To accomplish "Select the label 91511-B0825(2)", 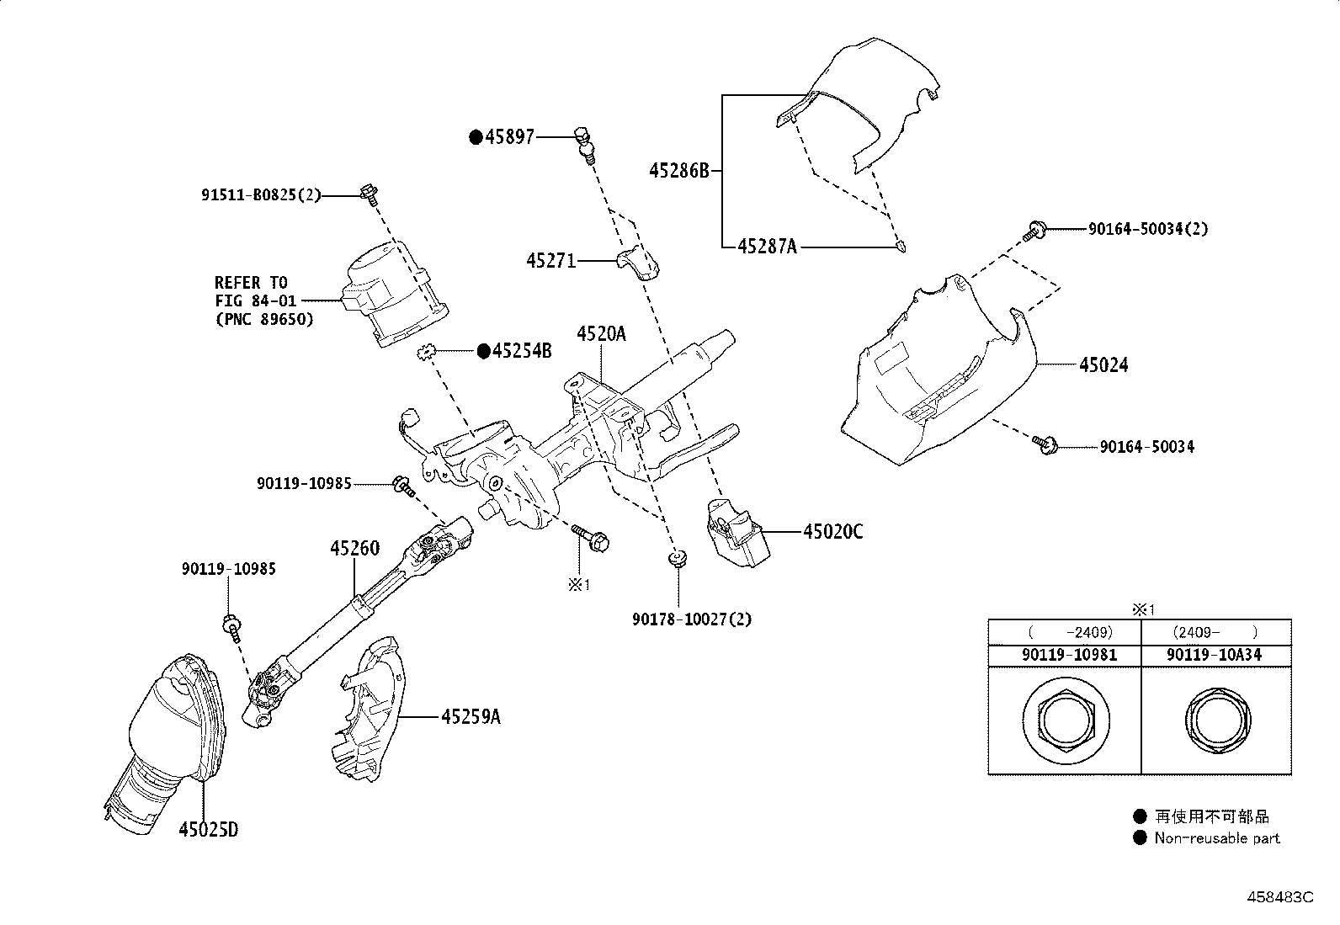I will (x=261, y=195).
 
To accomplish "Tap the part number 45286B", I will (x=679, y=171).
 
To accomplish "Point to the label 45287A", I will (x=766, y=247).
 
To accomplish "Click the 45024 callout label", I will (x=1103, y=365).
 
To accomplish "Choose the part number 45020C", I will (x=832, y=532).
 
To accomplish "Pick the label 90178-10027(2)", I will (x=692, y=619).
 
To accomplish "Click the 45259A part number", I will (x=471, y=717).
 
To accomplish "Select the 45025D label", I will (x=208, y=830).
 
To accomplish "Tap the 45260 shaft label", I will (x=354, y=549).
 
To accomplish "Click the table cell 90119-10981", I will (x=1064, y=655).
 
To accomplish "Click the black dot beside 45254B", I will (x=484, y=352).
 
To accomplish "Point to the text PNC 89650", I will (x=263, y=319).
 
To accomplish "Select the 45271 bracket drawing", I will (x=641, y=262).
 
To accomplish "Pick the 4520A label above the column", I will (x=601, y=334).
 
